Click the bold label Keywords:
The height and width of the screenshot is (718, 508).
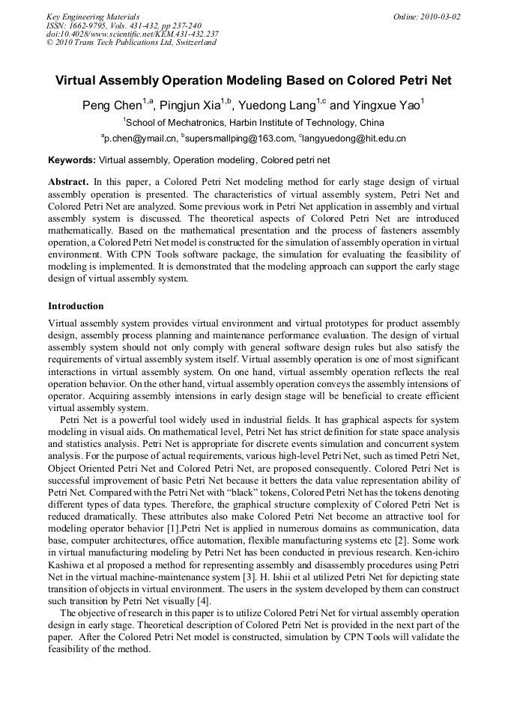(72, 160)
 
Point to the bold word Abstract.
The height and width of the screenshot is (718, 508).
(68, 182)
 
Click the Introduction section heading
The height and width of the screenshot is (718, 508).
(76, 306)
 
